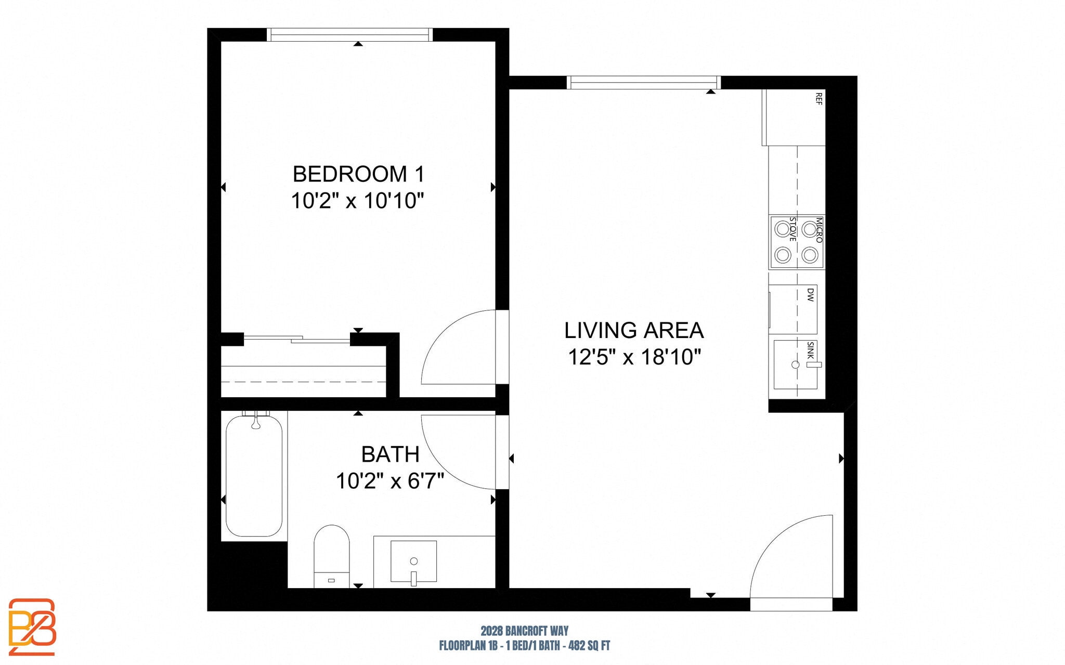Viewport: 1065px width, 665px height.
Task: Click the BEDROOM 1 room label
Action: (358, 174)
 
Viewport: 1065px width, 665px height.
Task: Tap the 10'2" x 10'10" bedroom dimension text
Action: (357, 201)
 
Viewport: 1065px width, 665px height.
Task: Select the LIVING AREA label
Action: (634, 331)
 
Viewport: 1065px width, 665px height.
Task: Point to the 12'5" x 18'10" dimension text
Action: (634, 358)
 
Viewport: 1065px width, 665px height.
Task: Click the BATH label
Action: (390, 454)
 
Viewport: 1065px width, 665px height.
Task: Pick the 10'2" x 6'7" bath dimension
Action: (389, 481)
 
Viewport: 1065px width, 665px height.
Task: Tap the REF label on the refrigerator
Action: (819, 99)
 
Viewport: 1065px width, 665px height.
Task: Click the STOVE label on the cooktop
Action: (793, 229)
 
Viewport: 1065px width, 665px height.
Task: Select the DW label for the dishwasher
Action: (810, 295)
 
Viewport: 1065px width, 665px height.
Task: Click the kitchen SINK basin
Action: (794, 365)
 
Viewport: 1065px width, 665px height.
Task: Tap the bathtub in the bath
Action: (254, 476)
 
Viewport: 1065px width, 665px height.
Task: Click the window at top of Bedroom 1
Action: (349, 35)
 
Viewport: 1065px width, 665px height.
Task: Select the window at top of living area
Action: (643, 83)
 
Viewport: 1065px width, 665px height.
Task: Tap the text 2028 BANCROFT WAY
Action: (524, 631)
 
